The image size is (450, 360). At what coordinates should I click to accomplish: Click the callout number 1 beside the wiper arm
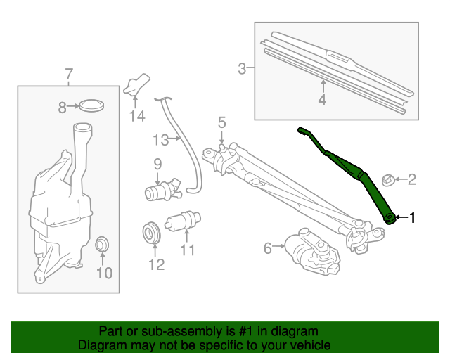click(413, 218)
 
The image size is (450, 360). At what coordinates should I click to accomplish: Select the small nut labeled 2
click(387, 180)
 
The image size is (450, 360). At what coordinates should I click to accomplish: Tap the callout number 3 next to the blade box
click(242, 68)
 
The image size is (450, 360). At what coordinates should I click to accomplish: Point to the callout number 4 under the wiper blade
click(323, 101)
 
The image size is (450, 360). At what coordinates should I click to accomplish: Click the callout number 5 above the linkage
click(221, 123)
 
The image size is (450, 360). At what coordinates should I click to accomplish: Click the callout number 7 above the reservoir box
click(69, 73)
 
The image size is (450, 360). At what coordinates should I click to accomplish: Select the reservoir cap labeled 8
click(91, 106)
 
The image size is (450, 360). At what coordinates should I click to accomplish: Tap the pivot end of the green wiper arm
click(389, 218)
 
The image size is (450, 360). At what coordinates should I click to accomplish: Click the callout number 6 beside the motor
click(268, 247)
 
